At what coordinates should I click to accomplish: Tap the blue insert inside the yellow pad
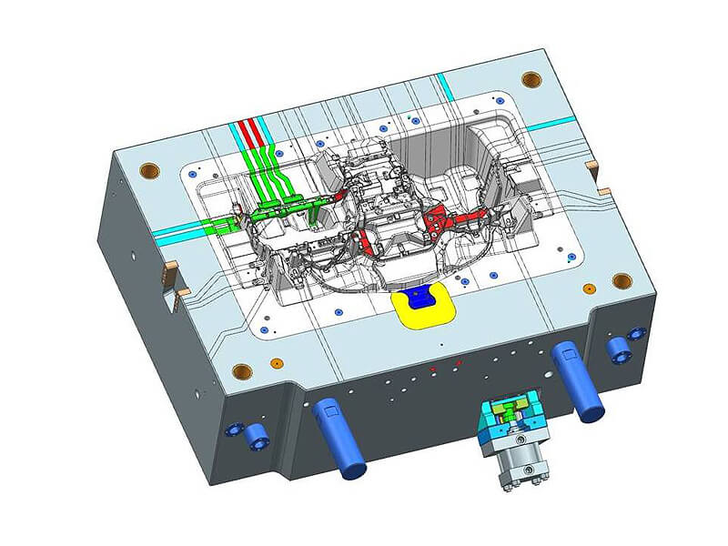(419, 296)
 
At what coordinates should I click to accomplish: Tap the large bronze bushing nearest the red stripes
(149, 170)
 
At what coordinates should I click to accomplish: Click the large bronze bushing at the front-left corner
(242, 369)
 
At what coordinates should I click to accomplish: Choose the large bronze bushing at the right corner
(622, 279)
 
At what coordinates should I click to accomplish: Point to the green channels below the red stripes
(273, 182)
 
